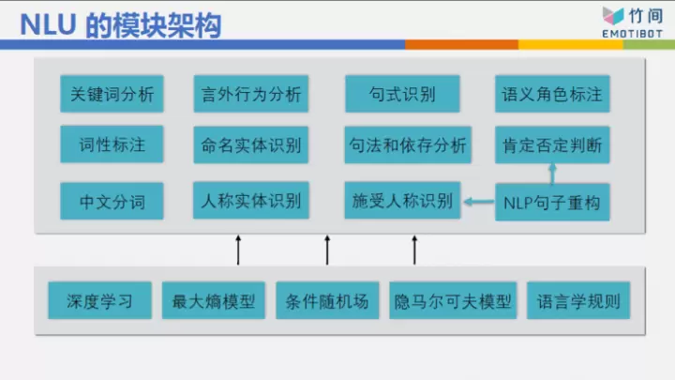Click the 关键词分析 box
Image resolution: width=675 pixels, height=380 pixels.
pos(112,94)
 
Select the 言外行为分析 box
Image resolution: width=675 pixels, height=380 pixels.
pos(250,94)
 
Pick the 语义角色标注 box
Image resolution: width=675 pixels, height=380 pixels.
pos(551,94)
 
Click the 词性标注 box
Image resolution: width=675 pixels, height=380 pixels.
pos(112,145)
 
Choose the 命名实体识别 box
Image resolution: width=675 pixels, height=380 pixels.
pos(250,145)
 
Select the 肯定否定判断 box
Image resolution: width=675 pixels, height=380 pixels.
pos(551,145)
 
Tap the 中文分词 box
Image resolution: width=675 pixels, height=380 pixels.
pos(112,200)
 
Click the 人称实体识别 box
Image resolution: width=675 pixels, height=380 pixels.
pos(250,200)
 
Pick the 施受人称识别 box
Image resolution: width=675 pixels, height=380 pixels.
pos(402,201)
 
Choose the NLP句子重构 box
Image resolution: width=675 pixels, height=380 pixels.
pos(551,202)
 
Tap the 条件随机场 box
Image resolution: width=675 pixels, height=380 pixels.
pos(328,302)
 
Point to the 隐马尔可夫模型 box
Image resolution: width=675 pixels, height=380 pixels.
pos(453,302)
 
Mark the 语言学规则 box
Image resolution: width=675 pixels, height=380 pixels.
pos(578,302)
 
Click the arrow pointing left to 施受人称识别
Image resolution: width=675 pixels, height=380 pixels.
pos(478,201)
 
